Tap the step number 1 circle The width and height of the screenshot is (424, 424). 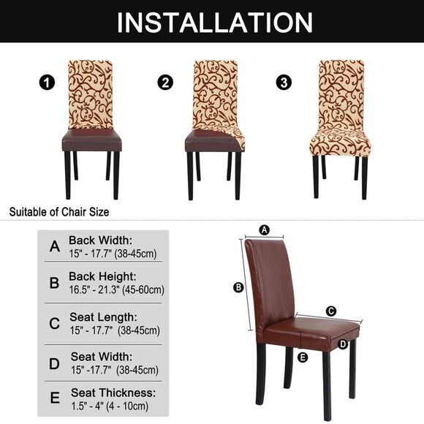pyautogui.click(x=48, y=82)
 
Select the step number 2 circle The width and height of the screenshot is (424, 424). pyautogui.click(x=166, y=82)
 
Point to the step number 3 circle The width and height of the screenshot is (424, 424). pyautogui.click(x=283, y=82)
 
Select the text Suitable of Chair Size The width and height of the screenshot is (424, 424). pyautogui.click(x=58, y=213)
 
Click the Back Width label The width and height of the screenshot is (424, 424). pyautogui.click(x=100, y=240)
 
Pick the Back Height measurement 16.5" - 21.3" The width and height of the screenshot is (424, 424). pyautogui.click(x=116, y=290)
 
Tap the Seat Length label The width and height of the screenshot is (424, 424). pyautogui.click(x=103, y=317)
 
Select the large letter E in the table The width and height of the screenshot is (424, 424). pyautogui.click(x=55, y=399)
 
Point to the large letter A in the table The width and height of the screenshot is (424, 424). pyautogui.click(x=54, y=247)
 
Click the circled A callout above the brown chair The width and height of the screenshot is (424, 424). pyautogui.click(x=265, y=230)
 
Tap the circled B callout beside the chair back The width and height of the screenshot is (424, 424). pyautogui.click(x=238, y=287)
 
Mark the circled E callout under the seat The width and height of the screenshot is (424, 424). pyautogui.click(x=303, y=357)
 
